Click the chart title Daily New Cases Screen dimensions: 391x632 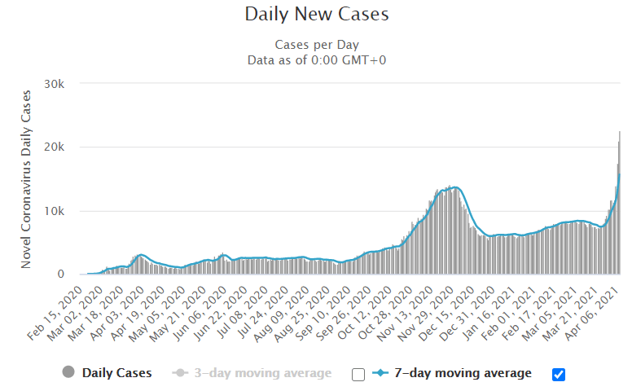[317, 15]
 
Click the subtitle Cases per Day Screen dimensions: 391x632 [317, 45]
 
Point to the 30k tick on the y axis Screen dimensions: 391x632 [65, 84]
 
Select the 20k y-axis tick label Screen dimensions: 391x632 [65, 147]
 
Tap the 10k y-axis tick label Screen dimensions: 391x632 [65, 211]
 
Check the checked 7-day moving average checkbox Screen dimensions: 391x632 [558, 374]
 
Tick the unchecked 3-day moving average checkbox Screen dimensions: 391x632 [358, 374]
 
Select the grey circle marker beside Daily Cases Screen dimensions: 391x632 [68, 373]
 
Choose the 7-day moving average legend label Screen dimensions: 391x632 [463, 373]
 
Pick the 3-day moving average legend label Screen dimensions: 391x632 [263, 373]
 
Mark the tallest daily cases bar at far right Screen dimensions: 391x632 [620, 204]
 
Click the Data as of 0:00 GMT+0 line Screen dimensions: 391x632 [317, 59]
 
